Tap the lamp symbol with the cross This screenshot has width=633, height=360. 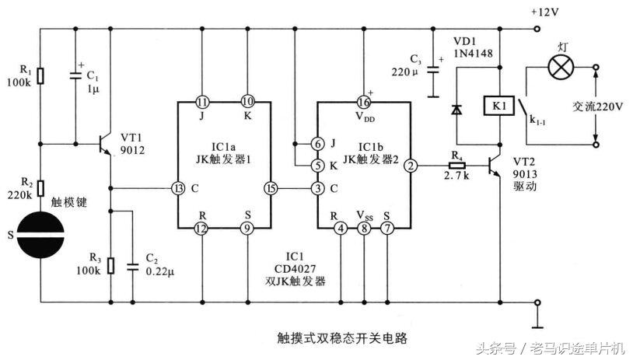click(x=558, y=68)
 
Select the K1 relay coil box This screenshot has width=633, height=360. click(x=498, y=105)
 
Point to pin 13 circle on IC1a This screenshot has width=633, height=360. click(x=179, y=188)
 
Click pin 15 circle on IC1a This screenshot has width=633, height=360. click(x=270, y=188)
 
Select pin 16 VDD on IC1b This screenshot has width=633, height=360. click(x=363, y=102)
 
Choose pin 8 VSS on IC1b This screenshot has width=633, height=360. click(x=363, y=229)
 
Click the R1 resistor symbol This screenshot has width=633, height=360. click(x=41, y=75)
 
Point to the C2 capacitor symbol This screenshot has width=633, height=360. click(x=133, y=264)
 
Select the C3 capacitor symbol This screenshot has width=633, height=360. click(x=433, y=75)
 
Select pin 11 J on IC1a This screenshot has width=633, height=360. click(x=201, y=102)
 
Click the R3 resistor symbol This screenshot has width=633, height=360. click(x=110, y=265)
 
